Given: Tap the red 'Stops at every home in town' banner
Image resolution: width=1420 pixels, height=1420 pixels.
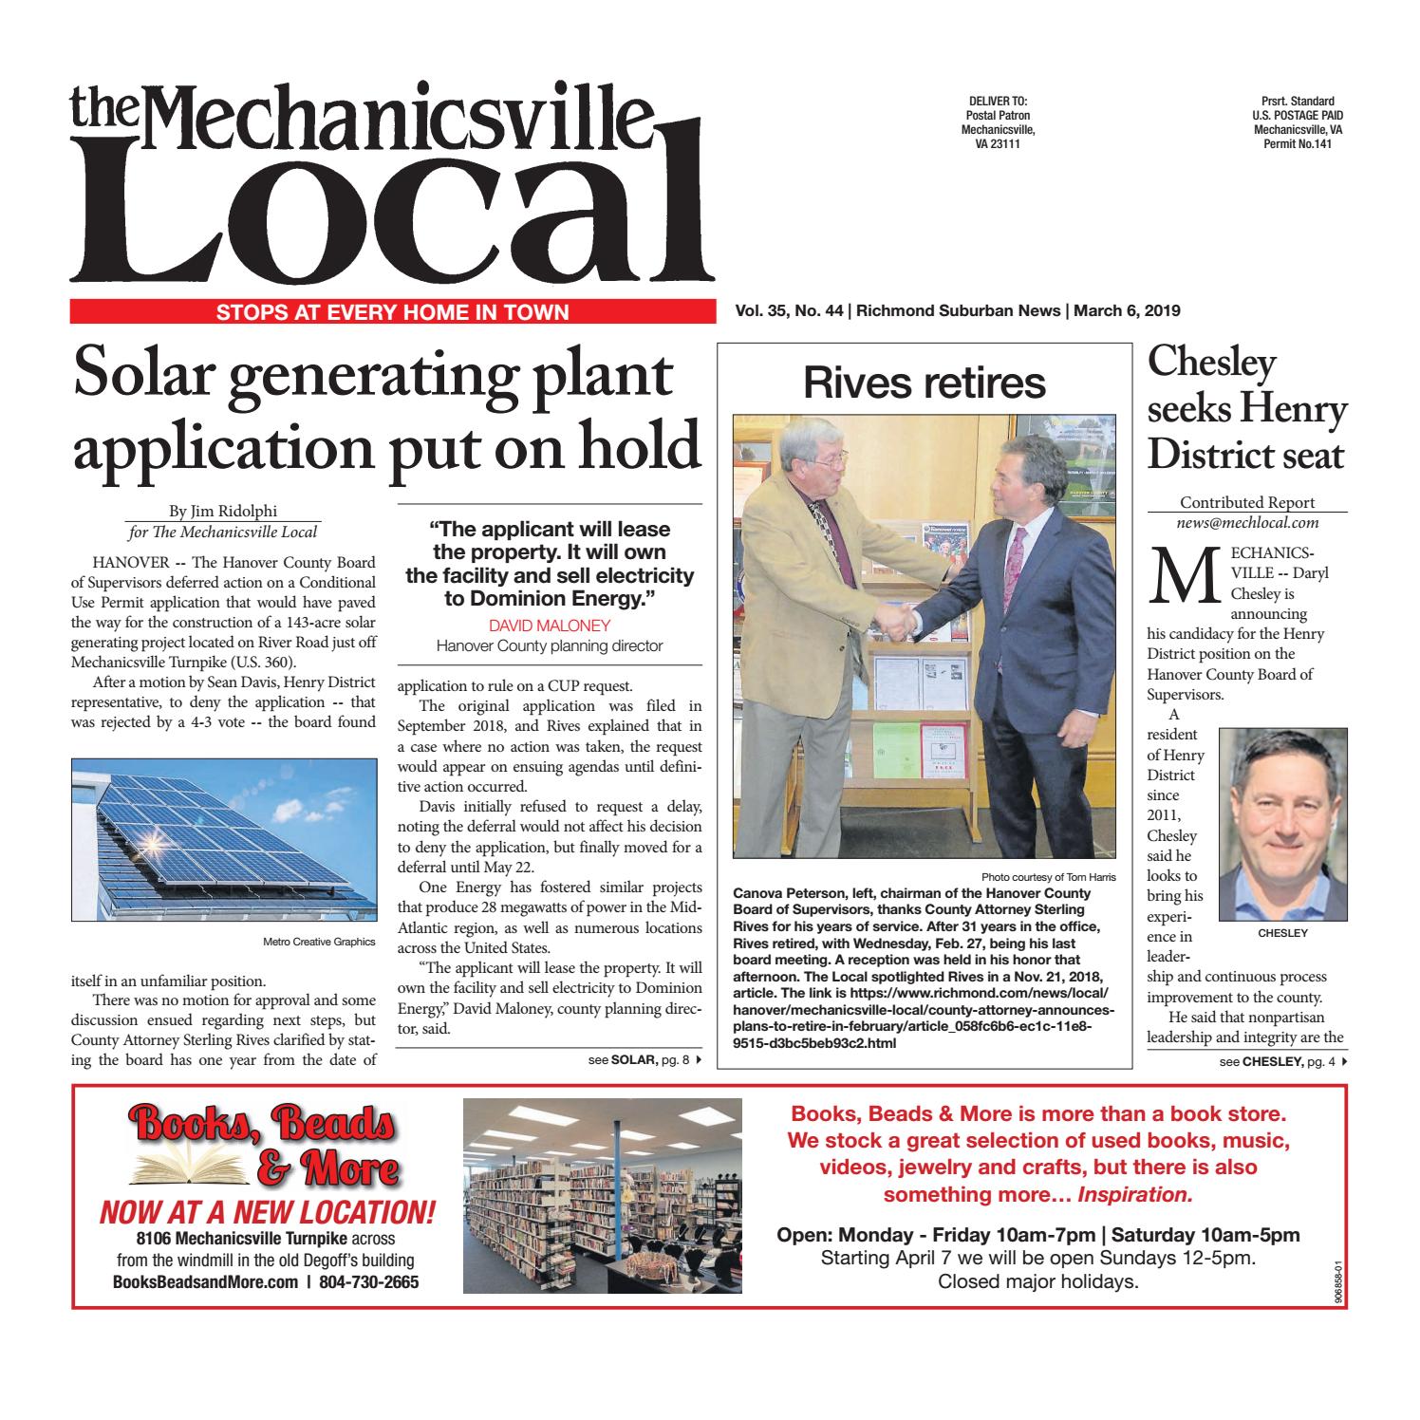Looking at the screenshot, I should pos(392,311).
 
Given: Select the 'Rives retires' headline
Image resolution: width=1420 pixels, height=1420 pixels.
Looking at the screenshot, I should pos(924,383).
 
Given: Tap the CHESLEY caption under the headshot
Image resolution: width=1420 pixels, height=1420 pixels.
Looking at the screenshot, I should pos(1282,933).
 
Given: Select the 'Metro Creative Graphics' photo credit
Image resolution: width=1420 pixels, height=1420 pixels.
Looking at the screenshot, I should pos(319,942).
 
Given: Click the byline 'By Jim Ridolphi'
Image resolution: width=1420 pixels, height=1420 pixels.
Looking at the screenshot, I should pos(224,511).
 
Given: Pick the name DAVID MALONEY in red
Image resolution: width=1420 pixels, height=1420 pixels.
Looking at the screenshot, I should pos(549,626).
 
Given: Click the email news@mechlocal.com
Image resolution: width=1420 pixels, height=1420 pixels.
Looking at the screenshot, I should pos(1247,522).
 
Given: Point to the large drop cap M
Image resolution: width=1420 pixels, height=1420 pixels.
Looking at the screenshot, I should pos(1173,577).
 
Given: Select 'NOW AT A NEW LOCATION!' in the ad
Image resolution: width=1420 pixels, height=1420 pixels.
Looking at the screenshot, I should pos(268,1211).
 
